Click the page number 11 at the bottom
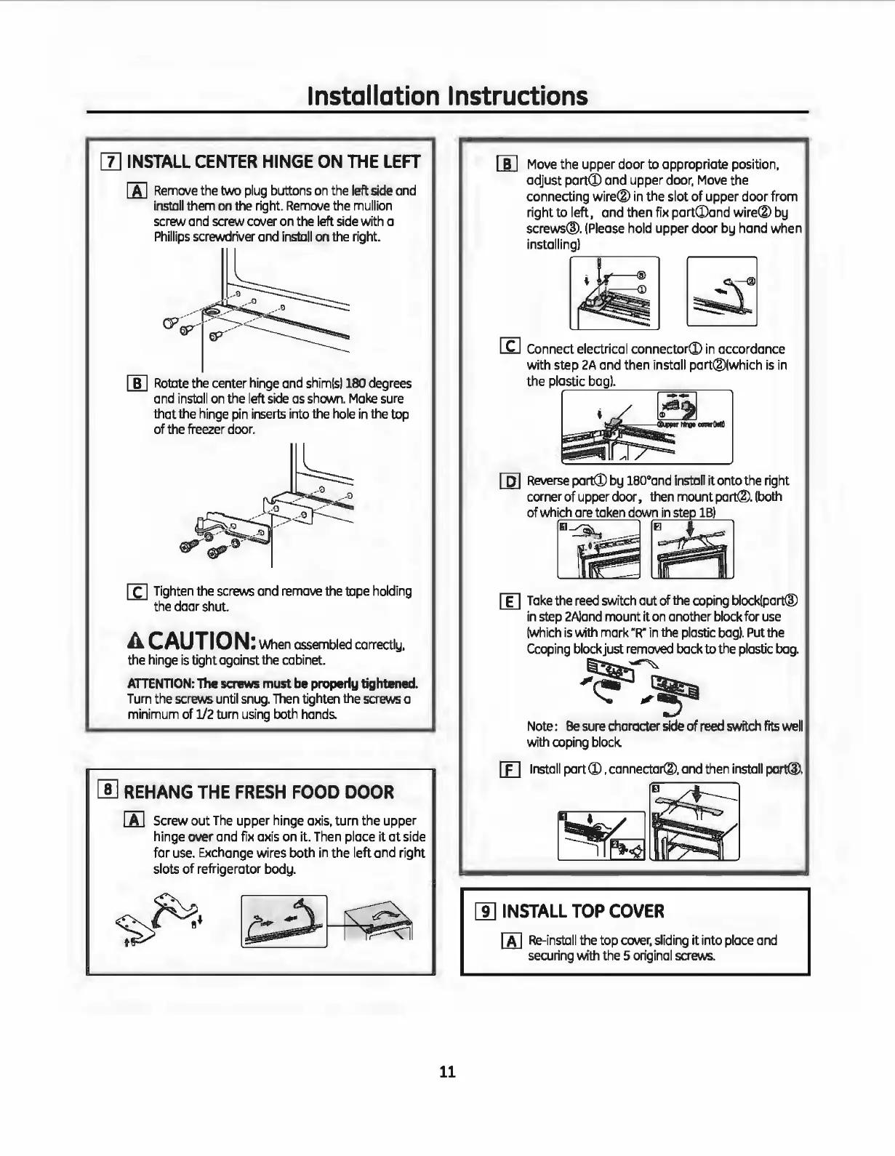tap(447, 1072)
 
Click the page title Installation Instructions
tap(447, 96)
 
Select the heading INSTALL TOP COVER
tap(583, 911)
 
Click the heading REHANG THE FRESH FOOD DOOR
tap(260, 792)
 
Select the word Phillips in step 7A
tap(173, 237)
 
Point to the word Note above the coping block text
tap(542, 726)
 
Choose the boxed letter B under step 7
tap(137, 384)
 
